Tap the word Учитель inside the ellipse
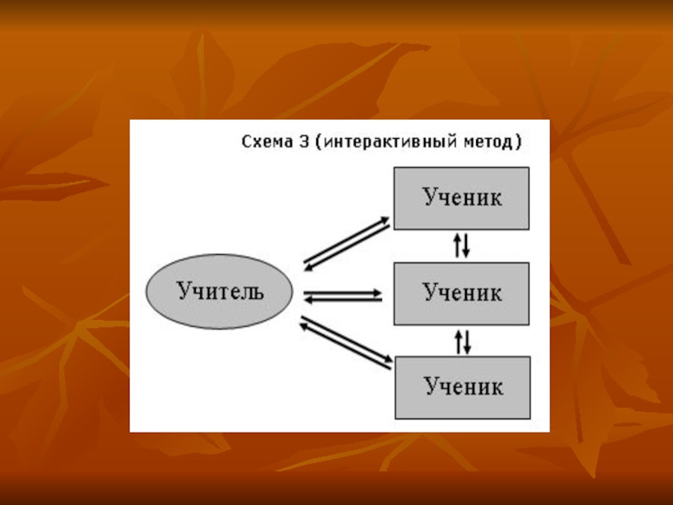(220, 292)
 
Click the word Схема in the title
(264, 142)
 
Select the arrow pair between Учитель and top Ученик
(347, 242)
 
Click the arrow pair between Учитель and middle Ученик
(343, 295)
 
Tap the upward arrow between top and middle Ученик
(457, 245)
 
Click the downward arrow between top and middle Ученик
(466, 245)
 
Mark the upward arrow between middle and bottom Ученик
(457, 341)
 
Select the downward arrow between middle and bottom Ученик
(466, 341)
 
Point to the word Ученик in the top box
(462, 198)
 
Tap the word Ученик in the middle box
(462, 293)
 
